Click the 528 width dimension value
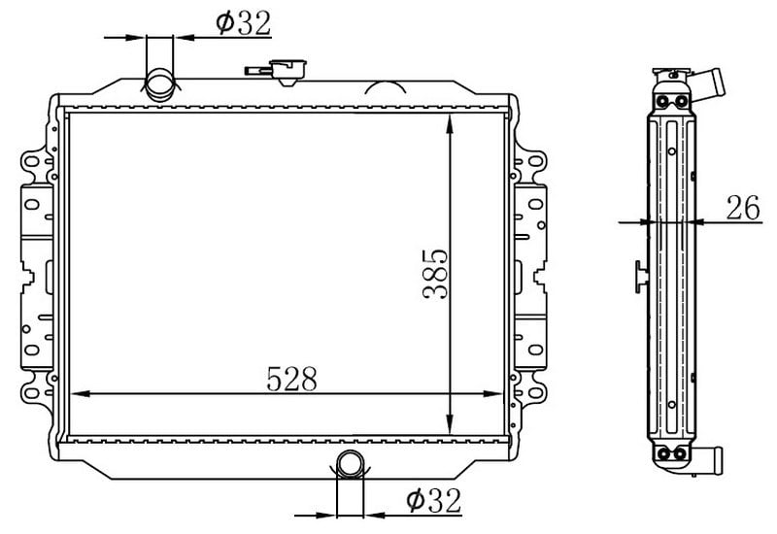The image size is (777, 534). pos(291,379)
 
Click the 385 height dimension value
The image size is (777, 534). pos(435,275)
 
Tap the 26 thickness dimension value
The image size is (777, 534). pos(743,208)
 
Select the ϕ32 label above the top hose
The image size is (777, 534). pos(244,22)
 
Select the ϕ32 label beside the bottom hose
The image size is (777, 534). pos(433,500)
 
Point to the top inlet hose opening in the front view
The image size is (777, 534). pos(160,84)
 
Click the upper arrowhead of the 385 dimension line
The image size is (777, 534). pos(450,124)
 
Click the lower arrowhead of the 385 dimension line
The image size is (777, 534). pos(450,423)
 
